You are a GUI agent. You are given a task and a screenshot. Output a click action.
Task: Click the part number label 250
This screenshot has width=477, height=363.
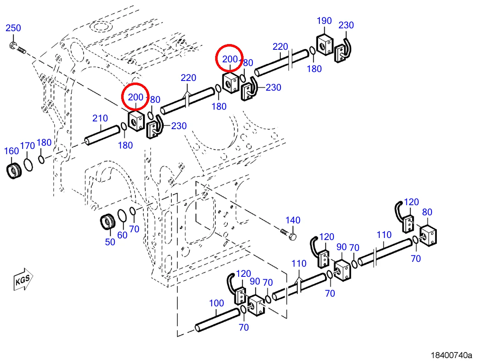point(13,28)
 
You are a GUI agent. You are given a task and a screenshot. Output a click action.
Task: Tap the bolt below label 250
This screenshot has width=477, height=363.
point(18,48)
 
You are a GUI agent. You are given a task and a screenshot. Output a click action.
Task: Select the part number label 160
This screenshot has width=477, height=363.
point(12,151)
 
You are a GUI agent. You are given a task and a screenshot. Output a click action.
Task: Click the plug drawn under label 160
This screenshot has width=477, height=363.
point(14,171)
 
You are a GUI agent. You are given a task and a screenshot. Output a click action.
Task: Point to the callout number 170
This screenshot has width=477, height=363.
point(28,146)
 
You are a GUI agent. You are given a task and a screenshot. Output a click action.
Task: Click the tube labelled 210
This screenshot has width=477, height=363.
point(102,135)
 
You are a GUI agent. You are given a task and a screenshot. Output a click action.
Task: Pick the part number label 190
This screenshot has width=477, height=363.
point(324,21)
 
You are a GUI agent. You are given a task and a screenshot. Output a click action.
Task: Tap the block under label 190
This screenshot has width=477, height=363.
point(325,45)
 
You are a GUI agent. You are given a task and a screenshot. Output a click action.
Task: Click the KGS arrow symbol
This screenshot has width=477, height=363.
point(23,279)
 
